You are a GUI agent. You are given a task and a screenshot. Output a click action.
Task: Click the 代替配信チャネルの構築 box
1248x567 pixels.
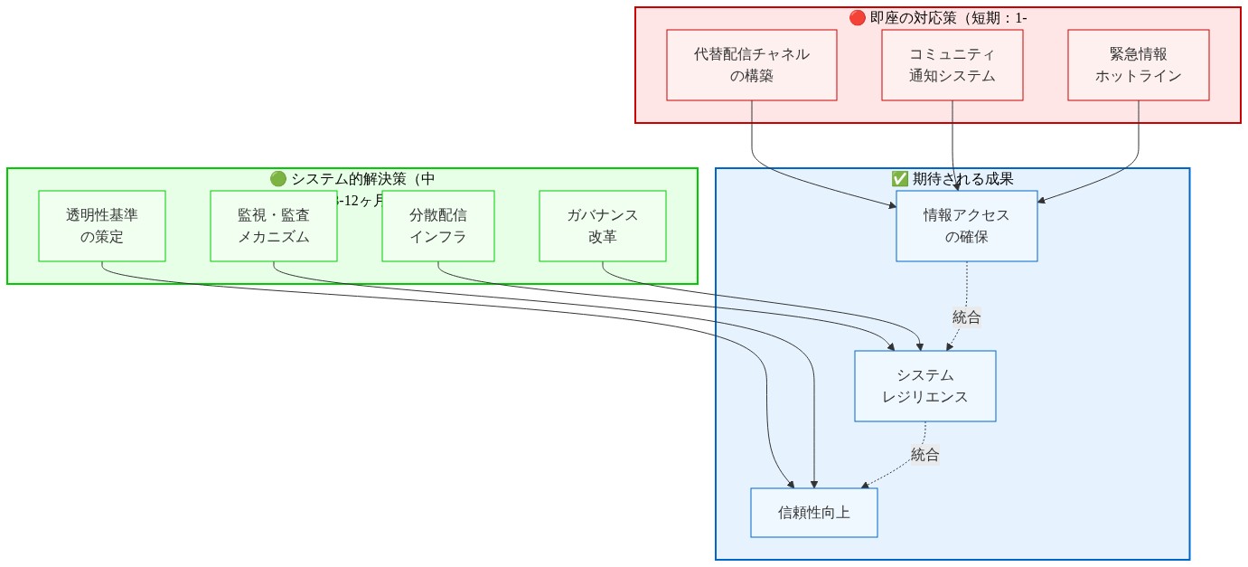(x=752, y=65)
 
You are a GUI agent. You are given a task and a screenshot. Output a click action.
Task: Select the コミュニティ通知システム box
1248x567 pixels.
(x=952, y=65)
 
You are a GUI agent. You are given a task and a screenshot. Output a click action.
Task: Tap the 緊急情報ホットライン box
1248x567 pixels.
(x=1138, y=65)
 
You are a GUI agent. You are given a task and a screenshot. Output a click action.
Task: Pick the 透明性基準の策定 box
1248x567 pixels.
(x=102, y=226)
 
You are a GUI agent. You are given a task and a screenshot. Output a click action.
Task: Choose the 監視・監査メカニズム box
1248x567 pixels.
(x=274, y=226)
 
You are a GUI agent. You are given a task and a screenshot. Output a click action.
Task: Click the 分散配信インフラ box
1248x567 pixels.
(x=438, y=226)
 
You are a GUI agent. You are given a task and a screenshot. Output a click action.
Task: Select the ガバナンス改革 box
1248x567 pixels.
(x=603, y=226)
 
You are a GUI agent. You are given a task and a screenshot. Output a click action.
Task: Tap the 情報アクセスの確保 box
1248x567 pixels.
(x=966, y=226)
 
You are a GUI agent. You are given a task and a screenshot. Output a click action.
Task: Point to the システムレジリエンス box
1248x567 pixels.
(x=924, y=386)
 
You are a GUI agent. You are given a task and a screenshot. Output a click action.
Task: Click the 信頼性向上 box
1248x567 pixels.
(x=813, y=513)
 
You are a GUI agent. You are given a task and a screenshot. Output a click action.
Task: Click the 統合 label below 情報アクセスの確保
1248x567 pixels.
(x=966, y=317)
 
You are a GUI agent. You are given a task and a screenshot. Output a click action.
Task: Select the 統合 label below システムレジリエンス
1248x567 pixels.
(x=924, y=455)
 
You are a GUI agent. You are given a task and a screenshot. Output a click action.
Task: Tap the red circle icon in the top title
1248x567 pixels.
(x=858, y=17)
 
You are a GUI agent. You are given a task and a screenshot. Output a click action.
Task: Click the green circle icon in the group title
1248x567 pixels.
(x=277, y=178)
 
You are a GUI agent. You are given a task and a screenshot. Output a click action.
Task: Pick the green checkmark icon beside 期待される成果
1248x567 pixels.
(x=899, y=178)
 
